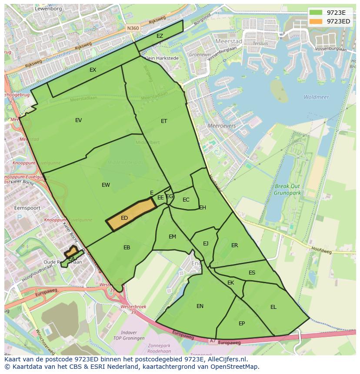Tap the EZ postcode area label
point(160,36)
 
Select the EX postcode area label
point(93,70)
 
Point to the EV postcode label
point(78,120)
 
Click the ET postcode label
point(164,121)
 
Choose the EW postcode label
point(106,185)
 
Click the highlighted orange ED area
point(130,215)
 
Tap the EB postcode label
point(127,248)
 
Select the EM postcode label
point(172,237)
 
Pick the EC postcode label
point(186,200)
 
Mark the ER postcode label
point(234,245)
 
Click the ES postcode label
point(252,273)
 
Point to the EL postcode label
point(273,307)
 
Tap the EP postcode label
point(242,324)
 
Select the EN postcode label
point(200,306)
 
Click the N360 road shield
point(133,28)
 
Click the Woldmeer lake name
point(316,97)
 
